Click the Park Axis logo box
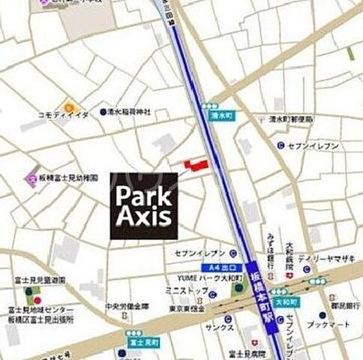pyautogui.click(x=144, y=205)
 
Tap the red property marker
pyautogui.click(x=193, y=165)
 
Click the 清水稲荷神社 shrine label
pyautogui.click(x=130, y=111)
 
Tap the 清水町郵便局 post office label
pyautogui.click(x=292, y=118)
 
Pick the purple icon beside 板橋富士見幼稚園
pyautogui.click(x=31, y=178)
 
